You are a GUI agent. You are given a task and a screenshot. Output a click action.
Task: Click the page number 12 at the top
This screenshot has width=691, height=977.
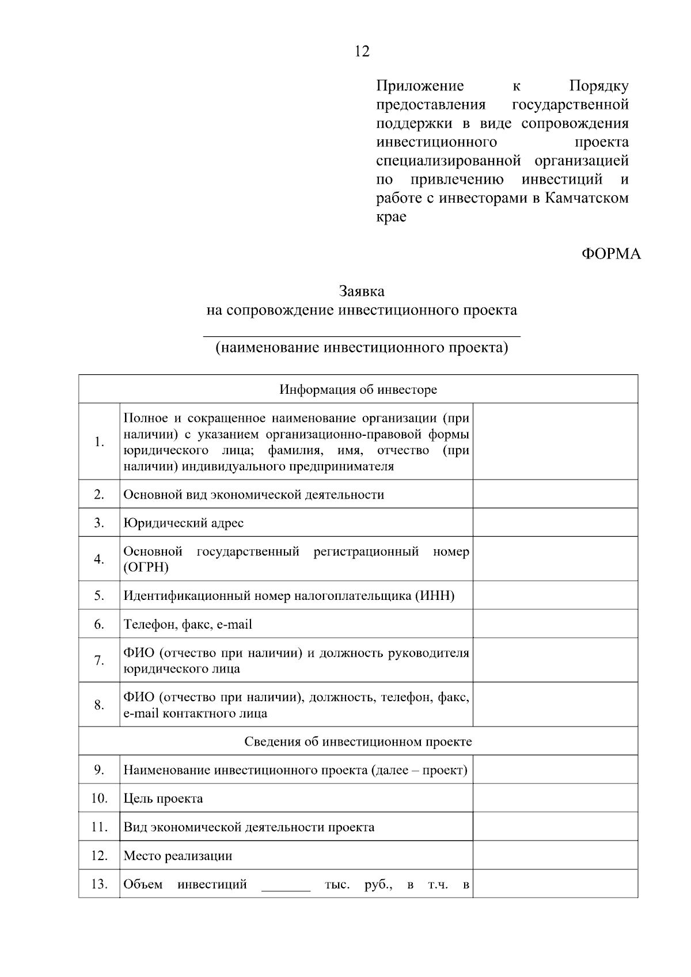click(362, 52)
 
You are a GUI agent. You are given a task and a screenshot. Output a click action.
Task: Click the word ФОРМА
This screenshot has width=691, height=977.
click(610, 254)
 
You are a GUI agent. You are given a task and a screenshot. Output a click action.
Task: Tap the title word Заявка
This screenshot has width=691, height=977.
click(361, 291)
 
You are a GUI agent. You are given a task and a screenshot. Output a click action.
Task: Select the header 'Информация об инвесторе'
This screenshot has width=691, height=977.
click(358, 390)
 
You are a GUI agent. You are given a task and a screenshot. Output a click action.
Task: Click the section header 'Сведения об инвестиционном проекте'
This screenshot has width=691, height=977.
click(358, 742)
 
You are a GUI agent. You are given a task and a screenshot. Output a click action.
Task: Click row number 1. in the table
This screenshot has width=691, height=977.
click(99, 442)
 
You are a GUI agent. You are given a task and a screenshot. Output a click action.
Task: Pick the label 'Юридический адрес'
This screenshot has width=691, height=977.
click(183, 523)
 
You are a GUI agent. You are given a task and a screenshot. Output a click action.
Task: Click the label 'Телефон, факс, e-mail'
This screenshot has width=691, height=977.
click(188, 625)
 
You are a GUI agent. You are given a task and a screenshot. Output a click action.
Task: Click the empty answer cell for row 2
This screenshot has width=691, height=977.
click(555, 495)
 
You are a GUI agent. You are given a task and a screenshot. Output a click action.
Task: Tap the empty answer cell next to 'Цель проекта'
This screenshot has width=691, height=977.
click(555, 799)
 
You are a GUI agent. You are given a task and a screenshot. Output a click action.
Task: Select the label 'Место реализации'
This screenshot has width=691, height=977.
click(178, 856)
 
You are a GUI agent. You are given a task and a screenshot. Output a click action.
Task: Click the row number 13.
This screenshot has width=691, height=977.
click(99, 884)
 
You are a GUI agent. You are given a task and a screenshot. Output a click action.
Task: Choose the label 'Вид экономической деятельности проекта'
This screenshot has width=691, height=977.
click(249, 827)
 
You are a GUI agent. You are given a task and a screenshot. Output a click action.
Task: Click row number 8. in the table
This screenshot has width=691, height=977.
click(99, 705)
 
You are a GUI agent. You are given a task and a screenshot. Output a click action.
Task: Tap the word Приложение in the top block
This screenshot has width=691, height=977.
click(420, 86)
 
